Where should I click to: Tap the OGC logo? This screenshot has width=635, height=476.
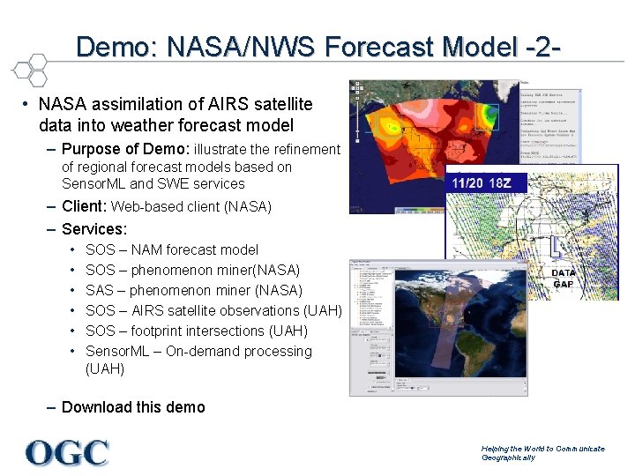[x=67, y=453]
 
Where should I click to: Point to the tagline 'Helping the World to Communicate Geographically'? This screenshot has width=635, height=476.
[x=542, y=453]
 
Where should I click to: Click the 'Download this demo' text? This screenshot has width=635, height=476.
[x=133, y=407]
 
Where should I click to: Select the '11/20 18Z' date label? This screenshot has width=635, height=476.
[x=488, y=183]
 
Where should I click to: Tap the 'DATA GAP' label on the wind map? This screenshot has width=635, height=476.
[x=564, y=279]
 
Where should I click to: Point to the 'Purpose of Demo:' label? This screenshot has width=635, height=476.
[x=125, y=149]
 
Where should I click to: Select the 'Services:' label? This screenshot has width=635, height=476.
[x=94, y=229]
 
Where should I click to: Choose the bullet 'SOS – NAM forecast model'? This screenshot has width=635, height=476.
[x=172, y=249]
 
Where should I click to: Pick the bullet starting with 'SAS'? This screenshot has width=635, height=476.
[x=193, y=290]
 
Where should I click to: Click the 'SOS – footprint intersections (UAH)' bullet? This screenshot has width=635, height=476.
[x=196, y=331]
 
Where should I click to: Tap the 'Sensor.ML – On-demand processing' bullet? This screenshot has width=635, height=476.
[x=198, y=351]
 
